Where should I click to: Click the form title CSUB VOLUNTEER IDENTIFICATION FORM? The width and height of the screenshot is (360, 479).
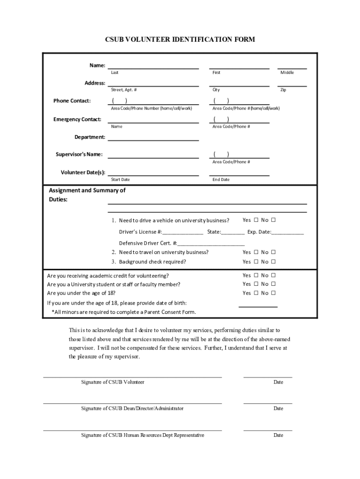(x=180, y=40)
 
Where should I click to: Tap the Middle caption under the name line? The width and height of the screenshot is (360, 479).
(x=287, y=73)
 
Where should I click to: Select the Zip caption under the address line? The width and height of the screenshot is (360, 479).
(x=283, y=90)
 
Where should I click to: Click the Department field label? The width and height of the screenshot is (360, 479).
(x=90, y=137)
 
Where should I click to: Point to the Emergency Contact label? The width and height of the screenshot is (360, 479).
(x=77, y=119)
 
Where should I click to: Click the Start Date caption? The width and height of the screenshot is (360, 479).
(x=120, y=180)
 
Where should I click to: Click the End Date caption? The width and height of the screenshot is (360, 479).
(x=221, y=180)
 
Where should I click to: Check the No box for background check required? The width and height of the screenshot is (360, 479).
(x=274, y=262)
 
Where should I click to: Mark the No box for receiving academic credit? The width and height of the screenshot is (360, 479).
(x=274, y=276)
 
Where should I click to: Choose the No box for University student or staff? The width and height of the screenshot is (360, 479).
(x=274, y=284)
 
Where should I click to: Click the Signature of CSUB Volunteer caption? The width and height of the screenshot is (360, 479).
(x=113, y=382)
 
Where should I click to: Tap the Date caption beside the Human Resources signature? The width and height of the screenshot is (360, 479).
(x=278, y=435)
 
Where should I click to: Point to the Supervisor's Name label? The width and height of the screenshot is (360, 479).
(x=79, y=154)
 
